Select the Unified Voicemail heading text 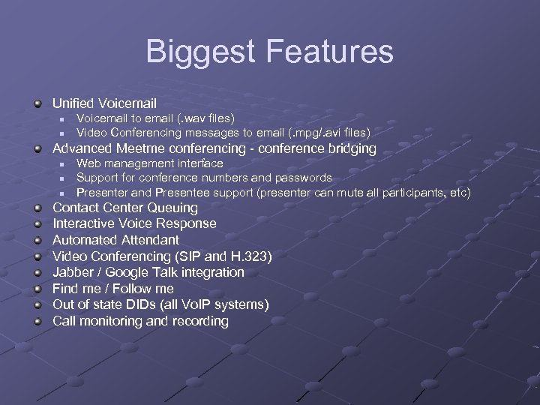pyautogui.click(x=104, y=103)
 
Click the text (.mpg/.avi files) pyautogui.click(x=329, y=132)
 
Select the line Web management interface pyautogui.click(x=149, y=163)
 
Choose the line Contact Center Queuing pyautogui.click(x=124, y=208)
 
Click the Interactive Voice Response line pyautogui.click(x=133, y=223)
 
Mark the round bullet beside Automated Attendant pyautogui.click(x=38, y=240)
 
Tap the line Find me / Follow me pyautogui.click(x=112, y=289)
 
